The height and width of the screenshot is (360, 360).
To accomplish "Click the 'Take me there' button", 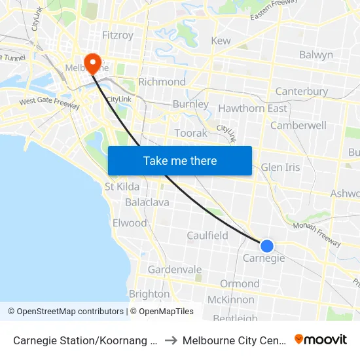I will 180,160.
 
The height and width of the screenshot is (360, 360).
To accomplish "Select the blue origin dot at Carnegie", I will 267,246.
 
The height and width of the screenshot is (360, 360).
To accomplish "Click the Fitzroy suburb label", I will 118,35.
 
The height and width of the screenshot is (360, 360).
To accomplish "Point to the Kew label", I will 221,41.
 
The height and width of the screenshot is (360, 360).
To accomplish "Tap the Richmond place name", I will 162,82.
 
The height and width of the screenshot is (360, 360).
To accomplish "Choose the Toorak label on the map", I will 190,133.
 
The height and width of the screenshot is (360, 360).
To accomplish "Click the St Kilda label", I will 122,187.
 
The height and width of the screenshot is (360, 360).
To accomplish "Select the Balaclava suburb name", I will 147,202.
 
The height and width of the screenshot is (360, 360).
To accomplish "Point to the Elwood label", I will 130,223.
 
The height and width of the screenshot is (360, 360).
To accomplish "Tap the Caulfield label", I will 207,235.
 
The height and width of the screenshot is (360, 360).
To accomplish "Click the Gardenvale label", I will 175,270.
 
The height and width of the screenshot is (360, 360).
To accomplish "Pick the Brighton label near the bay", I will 149,294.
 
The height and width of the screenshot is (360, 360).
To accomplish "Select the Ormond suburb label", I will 240,283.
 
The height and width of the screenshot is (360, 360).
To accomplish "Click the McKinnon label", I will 230,300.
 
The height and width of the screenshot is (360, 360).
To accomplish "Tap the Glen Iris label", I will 280,167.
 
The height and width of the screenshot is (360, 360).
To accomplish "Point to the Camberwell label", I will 298,125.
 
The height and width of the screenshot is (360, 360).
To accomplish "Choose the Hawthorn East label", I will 253,108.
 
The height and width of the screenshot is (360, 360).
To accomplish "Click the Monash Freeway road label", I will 317,234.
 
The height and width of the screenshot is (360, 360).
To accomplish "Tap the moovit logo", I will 321,339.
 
